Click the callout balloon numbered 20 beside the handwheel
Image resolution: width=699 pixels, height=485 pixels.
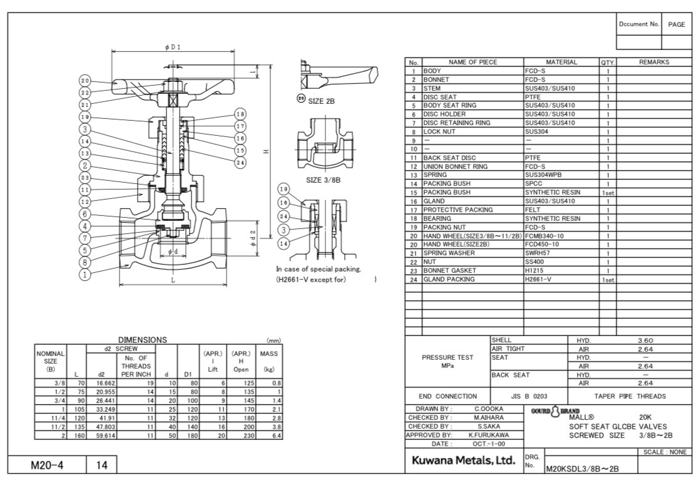(86, 81)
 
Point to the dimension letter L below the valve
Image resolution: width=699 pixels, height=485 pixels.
(173, 280)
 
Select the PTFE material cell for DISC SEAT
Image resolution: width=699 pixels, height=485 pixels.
(533, 97)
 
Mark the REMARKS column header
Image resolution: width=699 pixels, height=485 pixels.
(653, 63)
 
